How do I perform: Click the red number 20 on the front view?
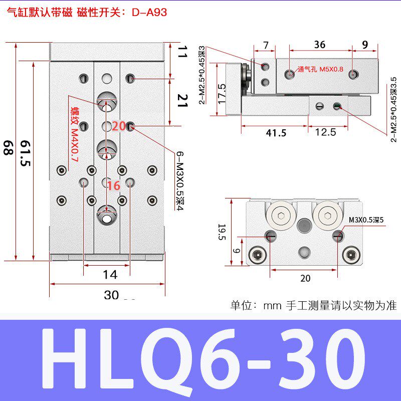click(x=119, y=126)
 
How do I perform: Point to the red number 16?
click(x=114, y=186)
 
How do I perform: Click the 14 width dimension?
click(x=110, y=274)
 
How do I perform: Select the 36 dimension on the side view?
click(x=319, y=45)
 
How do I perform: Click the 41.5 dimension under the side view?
click(x=276, y=133)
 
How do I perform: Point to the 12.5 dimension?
click(x=326, y=133)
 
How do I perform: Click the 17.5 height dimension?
click(x=222, y=94)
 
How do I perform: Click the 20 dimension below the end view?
click(x=305, y=278)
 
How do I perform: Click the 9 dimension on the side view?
click(x=365, y=45)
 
